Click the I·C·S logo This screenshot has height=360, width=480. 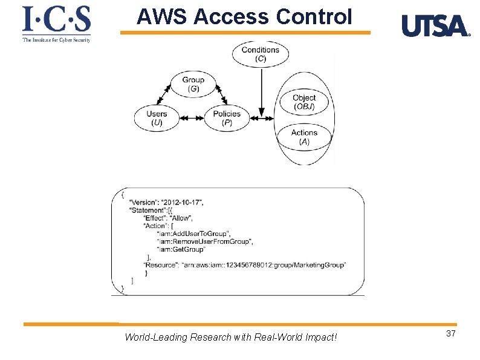click(x=56, y=24)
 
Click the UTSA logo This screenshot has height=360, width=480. click(x=435, y=27)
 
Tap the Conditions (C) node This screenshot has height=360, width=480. click(x=261, y=54)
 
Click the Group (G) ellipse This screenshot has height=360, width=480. click(x=193, y=84)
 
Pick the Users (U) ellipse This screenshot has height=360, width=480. click(x=157, y=118)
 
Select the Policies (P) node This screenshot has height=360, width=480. click(x=227, y=118)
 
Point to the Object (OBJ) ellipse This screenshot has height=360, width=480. click(x=304, y=102)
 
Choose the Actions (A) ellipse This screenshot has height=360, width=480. click(x=304, y=137)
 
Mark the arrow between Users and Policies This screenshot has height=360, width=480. click(x=192, y=119)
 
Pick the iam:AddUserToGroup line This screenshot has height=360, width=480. click(x=193, y=234)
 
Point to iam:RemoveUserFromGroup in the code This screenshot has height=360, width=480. click(x=204, y=241)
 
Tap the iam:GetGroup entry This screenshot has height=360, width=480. click(x=181, y=249)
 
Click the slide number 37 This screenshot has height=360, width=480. click(x=450, y=335)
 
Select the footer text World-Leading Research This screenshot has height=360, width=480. click(x=230, y=337)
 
